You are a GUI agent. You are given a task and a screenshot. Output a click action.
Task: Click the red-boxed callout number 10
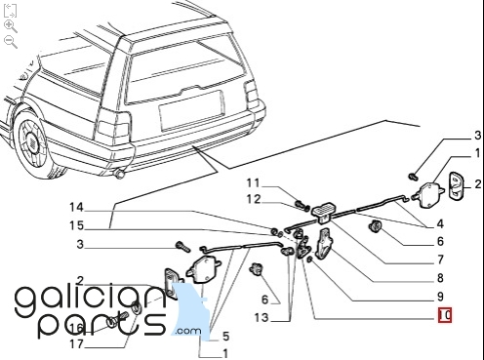445,315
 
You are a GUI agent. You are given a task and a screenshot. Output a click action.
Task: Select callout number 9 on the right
440,297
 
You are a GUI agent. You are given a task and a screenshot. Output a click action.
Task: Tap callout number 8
440,278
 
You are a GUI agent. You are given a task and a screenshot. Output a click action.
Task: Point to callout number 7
440,260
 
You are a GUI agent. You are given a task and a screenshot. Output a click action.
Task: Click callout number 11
254,183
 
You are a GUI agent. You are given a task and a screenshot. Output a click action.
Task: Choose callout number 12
254,199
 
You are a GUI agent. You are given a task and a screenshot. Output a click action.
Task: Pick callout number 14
77,207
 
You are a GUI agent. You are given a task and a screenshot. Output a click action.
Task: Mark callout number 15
77,225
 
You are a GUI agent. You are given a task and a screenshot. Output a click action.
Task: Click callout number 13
262,317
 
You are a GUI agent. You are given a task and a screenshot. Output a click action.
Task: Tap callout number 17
77,343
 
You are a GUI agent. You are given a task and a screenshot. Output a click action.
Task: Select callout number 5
226,336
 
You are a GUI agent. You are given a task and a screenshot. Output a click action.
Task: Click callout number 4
440,223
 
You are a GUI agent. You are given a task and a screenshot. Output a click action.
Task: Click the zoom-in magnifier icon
11,26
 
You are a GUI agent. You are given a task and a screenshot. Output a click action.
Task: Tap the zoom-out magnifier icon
11,42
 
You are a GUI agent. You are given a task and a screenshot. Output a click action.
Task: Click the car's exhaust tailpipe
120,175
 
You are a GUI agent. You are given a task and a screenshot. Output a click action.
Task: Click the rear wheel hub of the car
32,142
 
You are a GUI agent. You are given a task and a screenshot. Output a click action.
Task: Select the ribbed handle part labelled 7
324,213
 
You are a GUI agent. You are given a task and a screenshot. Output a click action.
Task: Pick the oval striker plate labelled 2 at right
456,185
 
